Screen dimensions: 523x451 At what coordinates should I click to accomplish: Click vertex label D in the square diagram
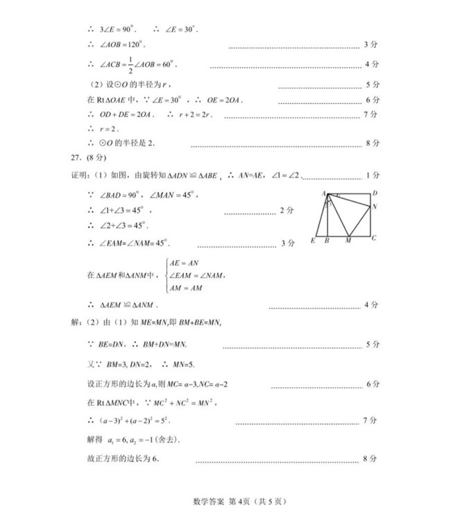tap(375, 193)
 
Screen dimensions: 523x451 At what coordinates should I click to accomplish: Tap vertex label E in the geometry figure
tap(314, 241)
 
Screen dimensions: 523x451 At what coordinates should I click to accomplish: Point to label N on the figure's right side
tap(375, 207)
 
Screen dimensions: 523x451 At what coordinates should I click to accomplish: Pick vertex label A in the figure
tap(324, 193)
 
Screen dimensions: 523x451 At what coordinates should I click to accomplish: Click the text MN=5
tap(182, 364)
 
